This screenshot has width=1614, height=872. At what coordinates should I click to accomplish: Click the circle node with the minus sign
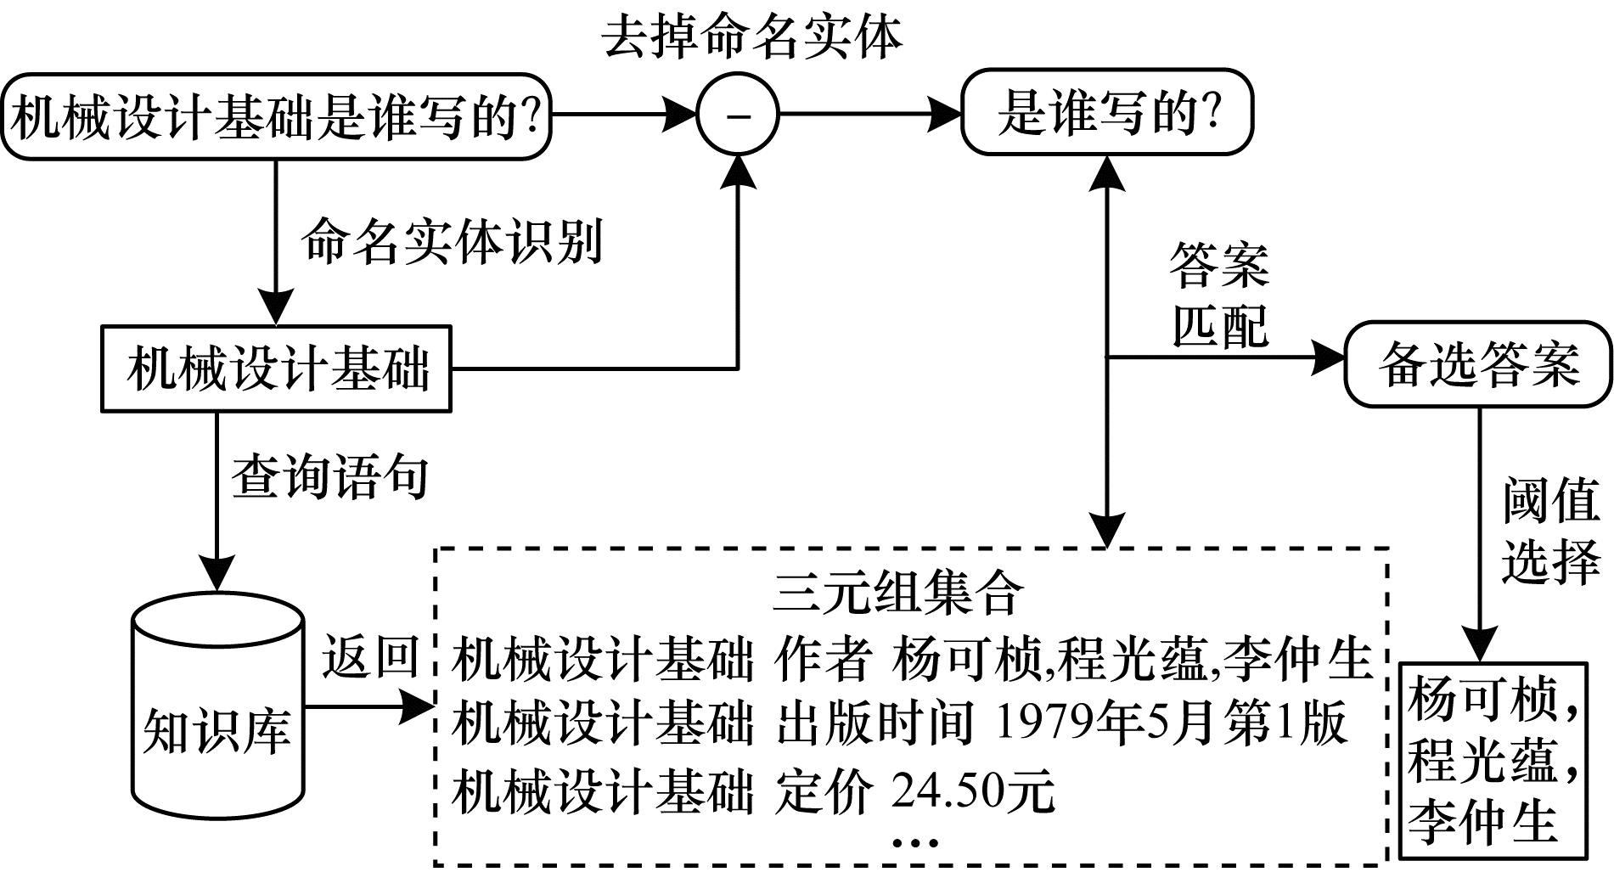pyautogui.click(x=737, y=115)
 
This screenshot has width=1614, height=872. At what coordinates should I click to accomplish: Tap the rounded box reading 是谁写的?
pyautogui.click(x=1106, y=114)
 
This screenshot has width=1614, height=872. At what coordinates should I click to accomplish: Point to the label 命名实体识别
pyautogui.click(x=452, y=241)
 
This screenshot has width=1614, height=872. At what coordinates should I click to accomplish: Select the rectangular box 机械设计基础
pyautogui.click(x=277, y=368)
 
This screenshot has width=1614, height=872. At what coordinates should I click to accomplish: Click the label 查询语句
pyautogui.click(x=329, y=476)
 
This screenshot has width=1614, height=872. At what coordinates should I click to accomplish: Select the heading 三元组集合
pyautogui.click(x=898, y=592)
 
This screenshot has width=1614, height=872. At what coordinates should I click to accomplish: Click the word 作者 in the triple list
pyautogui.click(x=824, y=660)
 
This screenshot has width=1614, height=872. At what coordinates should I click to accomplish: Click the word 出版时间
pyautogui.click(x=874, y=724)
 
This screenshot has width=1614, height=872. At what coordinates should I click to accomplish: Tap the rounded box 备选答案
pyautogui.click(x=1477, y=364)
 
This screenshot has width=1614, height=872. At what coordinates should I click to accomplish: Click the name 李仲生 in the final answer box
pyautogui.click(x=1482, y=821)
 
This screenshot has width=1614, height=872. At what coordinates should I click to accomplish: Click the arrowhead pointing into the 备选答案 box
pyautogui.click(x=1329, y=357)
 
